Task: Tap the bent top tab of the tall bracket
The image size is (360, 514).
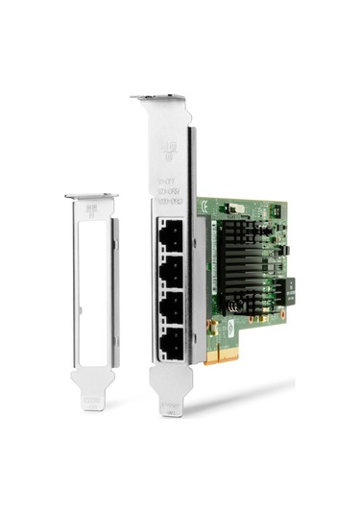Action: (158, 98)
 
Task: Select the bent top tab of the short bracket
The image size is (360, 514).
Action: (91, 196)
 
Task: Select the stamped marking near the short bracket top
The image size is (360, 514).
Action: (91, 208)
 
